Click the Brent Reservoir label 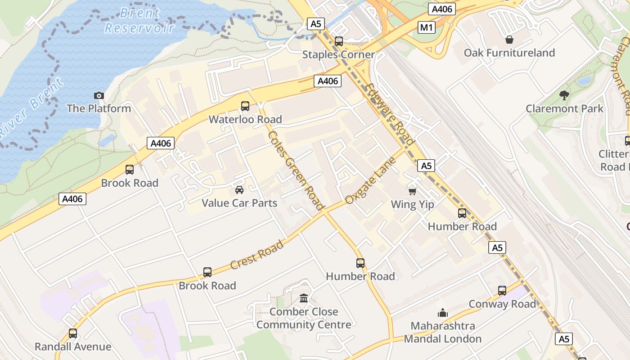(139, 21)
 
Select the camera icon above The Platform (99, 95)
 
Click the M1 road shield (426, 28)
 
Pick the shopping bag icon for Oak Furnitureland (509, 40)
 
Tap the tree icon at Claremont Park (564, 95)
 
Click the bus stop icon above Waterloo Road (245, 106)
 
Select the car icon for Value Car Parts (239, 190)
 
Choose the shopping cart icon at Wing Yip (412, 192)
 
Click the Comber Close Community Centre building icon (304, 298)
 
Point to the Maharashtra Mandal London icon (443, 313)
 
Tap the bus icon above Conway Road (502, 291)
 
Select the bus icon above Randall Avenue (73, 333)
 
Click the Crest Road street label (257, 255)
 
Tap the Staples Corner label (338, 54)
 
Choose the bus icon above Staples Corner (339, 41)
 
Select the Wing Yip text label (413, 205)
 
